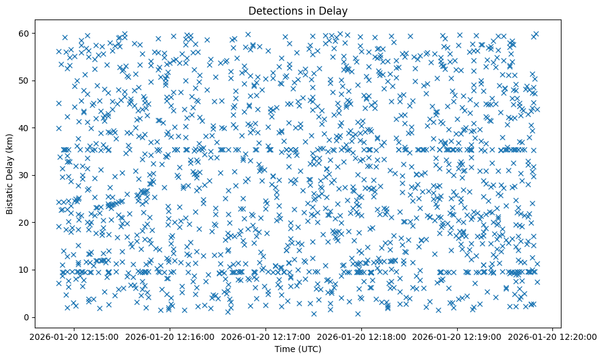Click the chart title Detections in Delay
(x=298, y=10)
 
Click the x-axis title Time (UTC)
(x=298, y=349)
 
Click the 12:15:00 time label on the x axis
(x=74, y=336)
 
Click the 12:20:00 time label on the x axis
(x=553, y=336)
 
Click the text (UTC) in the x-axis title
(x=309, y=349)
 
